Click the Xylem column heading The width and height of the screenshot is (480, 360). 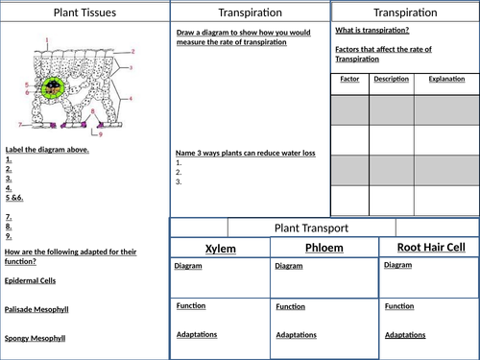point(219,249)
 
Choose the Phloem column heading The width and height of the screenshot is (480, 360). point(324,248)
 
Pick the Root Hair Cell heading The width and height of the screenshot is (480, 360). point(430,247)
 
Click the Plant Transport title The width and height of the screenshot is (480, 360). point(309,228)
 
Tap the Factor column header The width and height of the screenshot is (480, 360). point(348,79)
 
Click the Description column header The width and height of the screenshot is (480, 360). point(391,79)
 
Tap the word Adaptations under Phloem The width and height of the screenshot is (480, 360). point(297,335)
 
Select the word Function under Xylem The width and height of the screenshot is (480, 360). point(191,305)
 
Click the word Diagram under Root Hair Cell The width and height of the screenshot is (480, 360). point(398,265)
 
